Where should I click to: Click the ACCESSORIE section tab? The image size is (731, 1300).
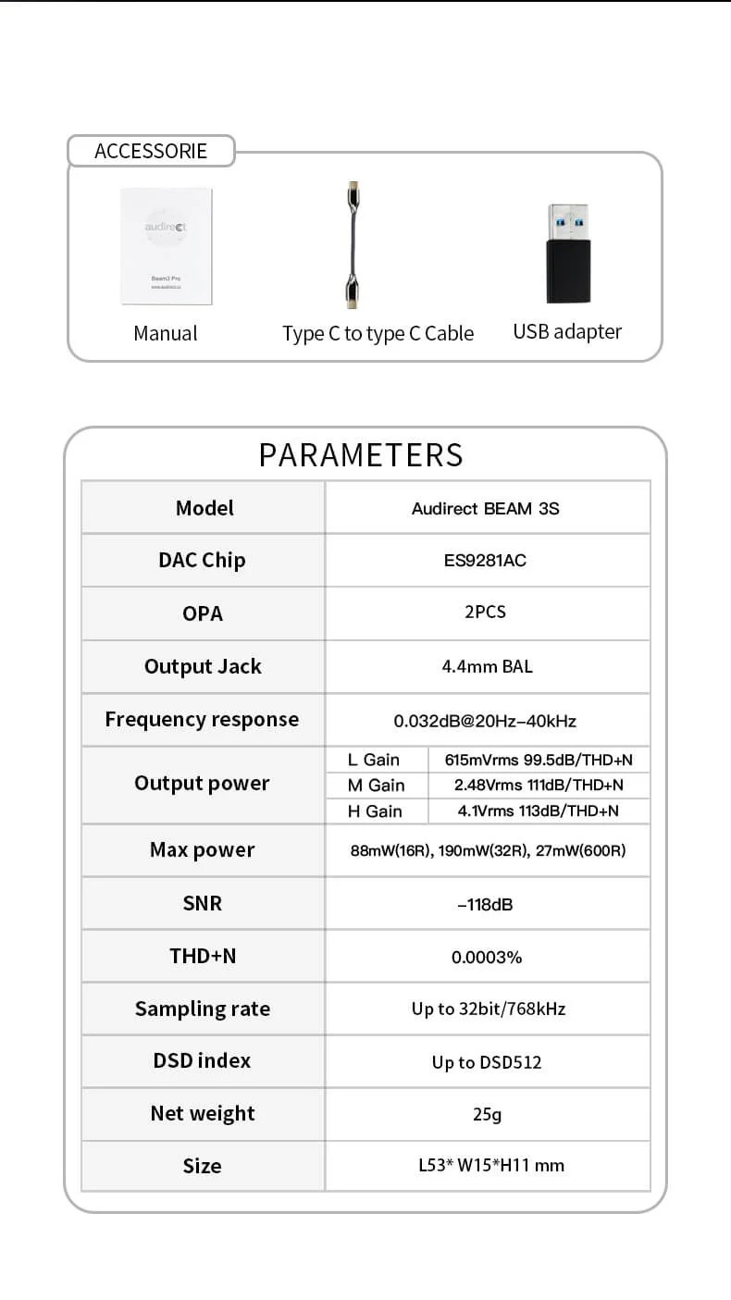point(151,151)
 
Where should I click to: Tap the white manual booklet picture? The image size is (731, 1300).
point(167,246)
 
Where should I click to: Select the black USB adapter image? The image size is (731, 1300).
point(567,254)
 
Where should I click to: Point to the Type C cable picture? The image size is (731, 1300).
point(353,244)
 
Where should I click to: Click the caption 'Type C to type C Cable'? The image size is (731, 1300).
point(378,333)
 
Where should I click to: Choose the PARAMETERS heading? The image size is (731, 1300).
point(361,454)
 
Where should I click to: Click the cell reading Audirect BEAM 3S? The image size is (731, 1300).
point(486,508)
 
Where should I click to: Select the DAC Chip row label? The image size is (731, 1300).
point(202,560)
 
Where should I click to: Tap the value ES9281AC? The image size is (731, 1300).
point(486,560)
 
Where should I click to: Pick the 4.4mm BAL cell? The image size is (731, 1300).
point(487,666)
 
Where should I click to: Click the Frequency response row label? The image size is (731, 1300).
point(202,720)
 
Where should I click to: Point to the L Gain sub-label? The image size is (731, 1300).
point(374,760)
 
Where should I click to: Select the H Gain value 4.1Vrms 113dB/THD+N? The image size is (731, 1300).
point(539,811)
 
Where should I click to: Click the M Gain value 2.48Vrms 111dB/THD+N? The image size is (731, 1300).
point(539,785)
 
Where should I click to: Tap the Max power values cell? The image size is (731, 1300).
point(488,850)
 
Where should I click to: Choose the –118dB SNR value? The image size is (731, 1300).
point(485,904)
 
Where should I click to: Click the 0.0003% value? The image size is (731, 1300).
point(487,957)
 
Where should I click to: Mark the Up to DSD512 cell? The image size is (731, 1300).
point(487,1062)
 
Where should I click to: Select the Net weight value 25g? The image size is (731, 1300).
point(487,1114)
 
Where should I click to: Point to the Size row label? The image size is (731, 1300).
point(202,1166)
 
